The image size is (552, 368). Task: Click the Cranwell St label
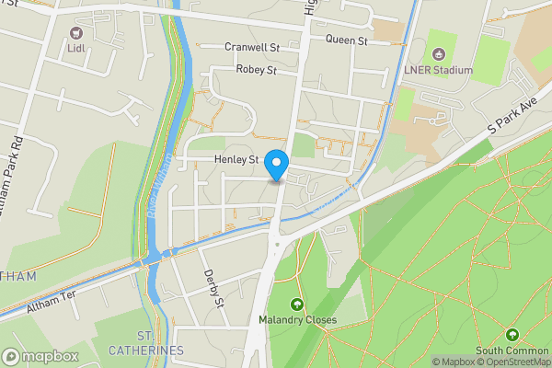pyautogui.click(x=251, y=47)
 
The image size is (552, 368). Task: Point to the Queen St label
pyautogui.click(x=347, y=40)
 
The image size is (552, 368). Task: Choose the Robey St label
pyautogui.click(x=257, y=70)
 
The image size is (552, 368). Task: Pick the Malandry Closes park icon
pyautogui.click(x=296, y=305)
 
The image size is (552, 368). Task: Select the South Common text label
pyautogui.click(x=512, y=351)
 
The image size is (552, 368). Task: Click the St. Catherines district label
pyautogui.click(x=146, y=343)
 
